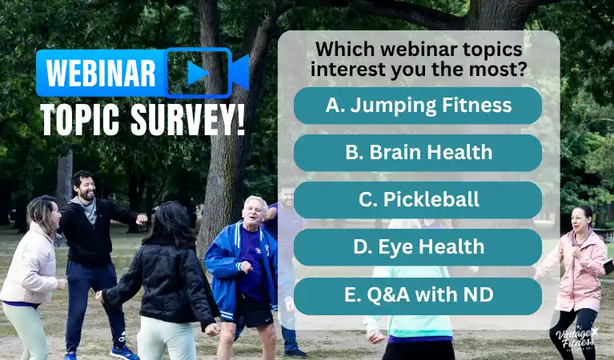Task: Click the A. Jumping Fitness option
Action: tap(417, 106)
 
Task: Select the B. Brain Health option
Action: tap(417, 153)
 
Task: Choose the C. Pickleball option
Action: tap(417, 200)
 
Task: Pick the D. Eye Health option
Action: tap(417, 247)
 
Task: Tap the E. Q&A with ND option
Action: tap(417, 295)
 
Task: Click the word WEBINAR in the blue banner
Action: tap(101, 74)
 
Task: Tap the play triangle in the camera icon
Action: tap(197, 74)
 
